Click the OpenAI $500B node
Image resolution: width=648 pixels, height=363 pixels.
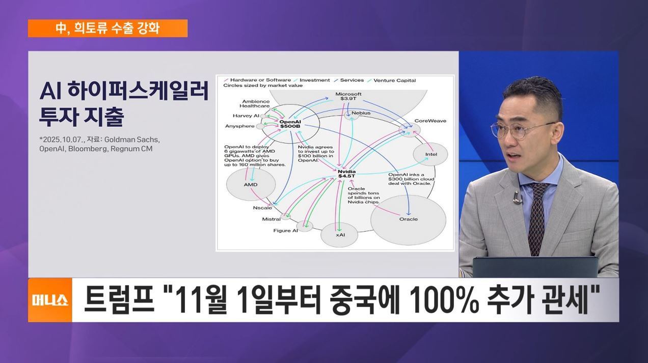pos(290,124)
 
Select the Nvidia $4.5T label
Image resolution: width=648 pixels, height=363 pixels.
pos(347,175)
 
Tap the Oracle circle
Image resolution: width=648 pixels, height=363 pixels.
pos(408,219)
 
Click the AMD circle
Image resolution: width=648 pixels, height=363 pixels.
pos(251,184)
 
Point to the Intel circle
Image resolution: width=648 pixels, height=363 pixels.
pos(430,154)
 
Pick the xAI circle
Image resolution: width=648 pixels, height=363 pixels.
pos(340,234)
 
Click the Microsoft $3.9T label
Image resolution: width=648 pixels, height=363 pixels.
pos(348,97)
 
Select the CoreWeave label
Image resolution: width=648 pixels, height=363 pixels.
pos(430,121)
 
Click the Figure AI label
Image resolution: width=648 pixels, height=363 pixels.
pos(285,231)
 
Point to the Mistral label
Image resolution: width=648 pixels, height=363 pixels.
pos(271,219)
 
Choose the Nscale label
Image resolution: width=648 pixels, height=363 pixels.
pos(262,208)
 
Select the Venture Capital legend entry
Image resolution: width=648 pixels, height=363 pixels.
pos(394,80)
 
